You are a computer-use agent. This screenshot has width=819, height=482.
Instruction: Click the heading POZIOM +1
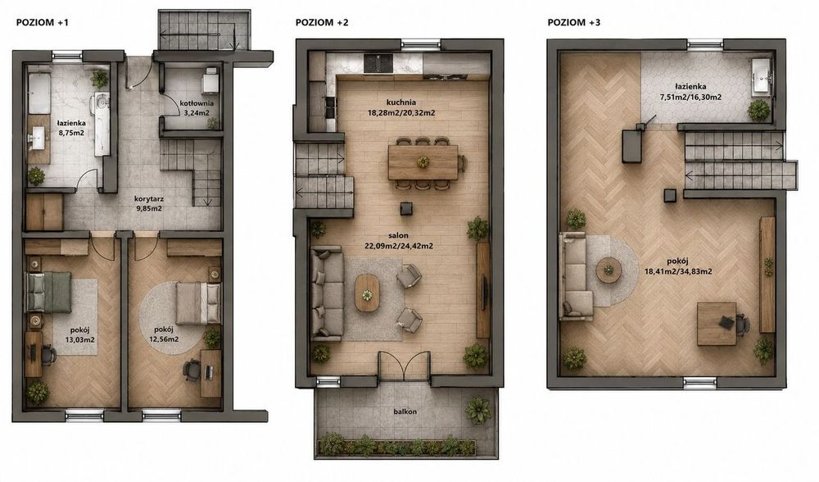point(43,22)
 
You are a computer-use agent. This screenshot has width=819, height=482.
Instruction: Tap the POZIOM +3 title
point(574,22)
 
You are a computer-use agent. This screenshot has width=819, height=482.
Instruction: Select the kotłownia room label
point(196,103)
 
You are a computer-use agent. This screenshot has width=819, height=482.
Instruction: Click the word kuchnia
point(401,102)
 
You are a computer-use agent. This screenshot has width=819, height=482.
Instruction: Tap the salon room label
point(398,236)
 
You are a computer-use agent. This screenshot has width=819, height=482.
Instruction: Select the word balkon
point(405,412)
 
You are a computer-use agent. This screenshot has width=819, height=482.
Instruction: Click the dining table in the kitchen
point(423,162)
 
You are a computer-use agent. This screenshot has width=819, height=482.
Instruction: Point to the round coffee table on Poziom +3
point(609,271)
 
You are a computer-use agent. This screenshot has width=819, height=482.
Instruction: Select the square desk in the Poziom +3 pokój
point(717,324)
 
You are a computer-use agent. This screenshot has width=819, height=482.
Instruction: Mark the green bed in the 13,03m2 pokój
point(48,293)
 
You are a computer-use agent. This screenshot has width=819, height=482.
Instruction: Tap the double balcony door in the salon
point(405,365)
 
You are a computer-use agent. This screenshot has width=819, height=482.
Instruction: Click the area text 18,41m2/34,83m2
point(678,271)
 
